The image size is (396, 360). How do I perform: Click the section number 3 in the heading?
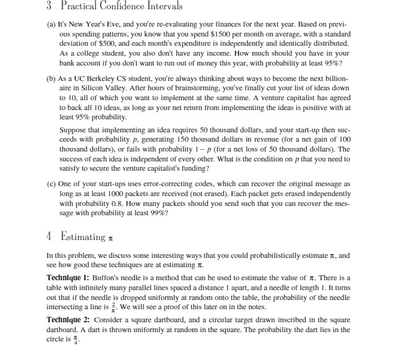[48, 7]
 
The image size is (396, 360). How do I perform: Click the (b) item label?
[52, 80]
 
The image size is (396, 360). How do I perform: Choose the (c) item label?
[52, 185]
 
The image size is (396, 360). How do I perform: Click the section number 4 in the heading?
[49, 237]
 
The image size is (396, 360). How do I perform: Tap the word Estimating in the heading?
[84, 237]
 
